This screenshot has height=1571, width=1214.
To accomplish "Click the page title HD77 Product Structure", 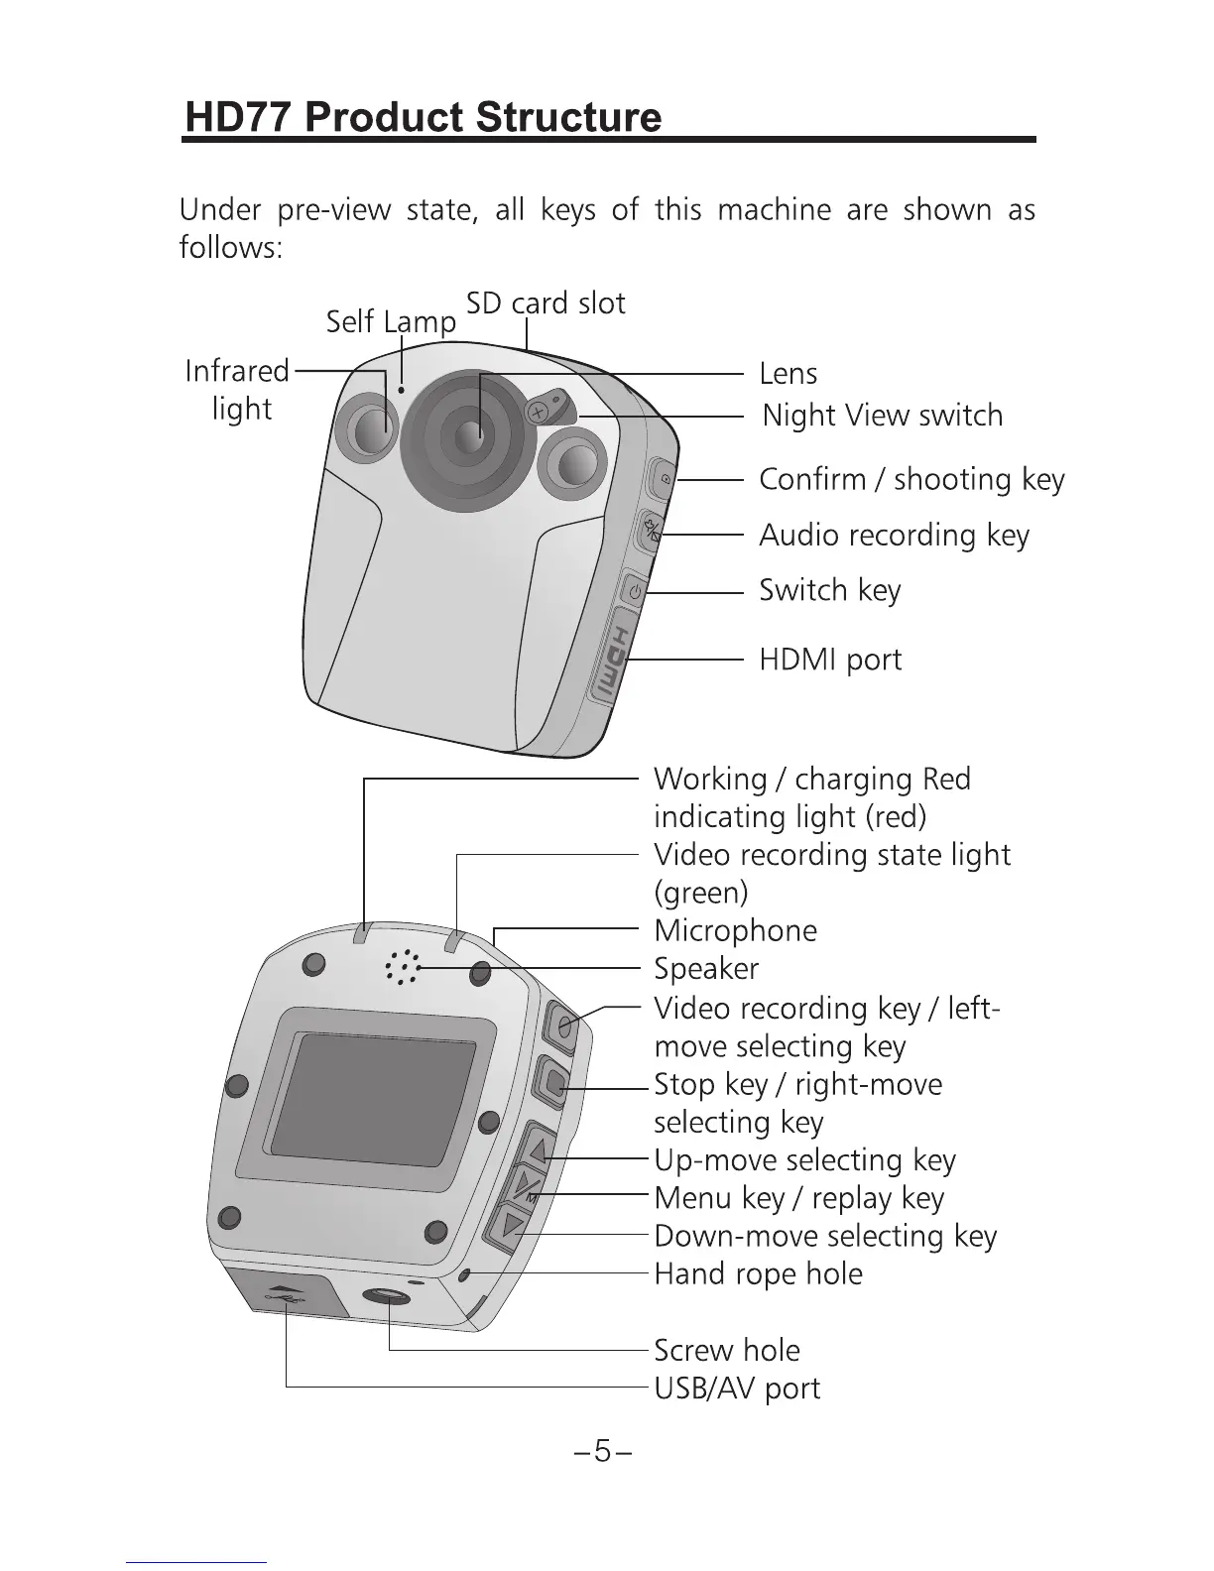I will pos(424,117).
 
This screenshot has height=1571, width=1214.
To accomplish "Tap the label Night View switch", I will pos(882,416).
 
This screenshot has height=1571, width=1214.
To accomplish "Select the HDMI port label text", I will pos(830,660).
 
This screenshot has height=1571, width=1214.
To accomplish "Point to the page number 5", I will pos(602,1452).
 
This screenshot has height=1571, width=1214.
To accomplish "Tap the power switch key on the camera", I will pos(634,592).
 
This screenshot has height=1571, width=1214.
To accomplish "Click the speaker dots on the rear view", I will pos(402,967).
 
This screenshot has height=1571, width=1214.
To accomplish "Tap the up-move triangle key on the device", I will pos(538,1150).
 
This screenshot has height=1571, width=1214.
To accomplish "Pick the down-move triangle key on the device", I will pos(512,1226).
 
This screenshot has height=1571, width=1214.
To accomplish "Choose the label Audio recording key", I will pos(894,536).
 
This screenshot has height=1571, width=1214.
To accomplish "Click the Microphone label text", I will pos(735,931).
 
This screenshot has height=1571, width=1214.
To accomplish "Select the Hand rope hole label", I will pos(758,1274).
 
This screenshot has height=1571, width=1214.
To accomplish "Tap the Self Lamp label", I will pos(391,321).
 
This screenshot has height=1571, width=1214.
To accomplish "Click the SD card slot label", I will pos(546,303).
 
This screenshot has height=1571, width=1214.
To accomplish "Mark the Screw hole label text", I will pos(726,1351).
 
